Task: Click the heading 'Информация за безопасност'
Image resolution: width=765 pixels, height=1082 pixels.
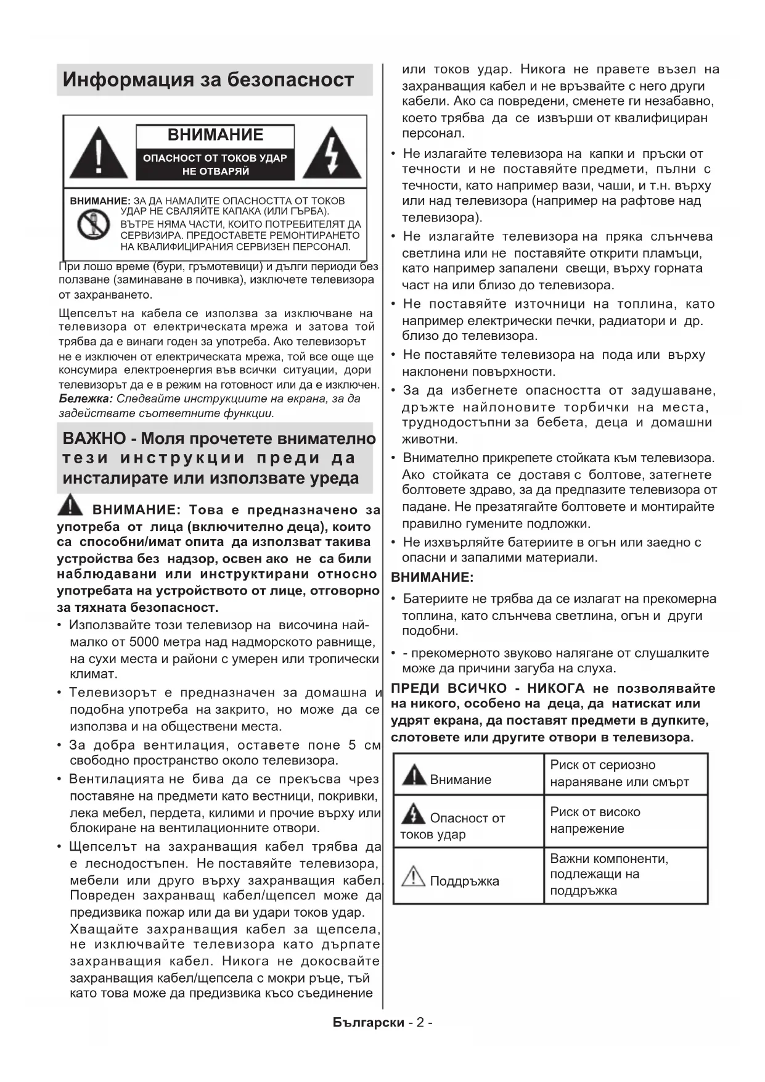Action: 208,80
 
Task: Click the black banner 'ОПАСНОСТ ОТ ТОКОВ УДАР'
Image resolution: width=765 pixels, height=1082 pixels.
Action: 215,164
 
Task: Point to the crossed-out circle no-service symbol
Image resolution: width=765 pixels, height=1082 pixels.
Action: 93,225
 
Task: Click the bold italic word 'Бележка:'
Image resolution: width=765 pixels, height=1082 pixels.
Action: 86,399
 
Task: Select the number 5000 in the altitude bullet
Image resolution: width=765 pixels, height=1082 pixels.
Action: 146,642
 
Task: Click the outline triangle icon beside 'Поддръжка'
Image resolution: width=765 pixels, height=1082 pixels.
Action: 413,876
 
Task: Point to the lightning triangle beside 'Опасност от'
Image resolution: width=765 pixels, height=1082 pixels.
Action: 413,814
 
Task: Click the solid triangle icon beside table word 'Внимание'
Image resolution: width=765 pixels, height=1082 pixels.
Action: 414,775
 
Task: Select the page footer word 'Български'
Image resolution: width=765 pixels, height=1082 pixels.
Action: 368,1023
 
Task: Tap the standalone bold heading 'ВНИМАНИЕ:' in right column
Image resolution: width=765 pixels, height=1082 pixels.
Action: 432,577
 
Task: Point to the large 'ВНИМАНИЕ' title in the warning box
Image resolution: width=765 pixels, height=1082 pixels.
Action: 215,134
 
